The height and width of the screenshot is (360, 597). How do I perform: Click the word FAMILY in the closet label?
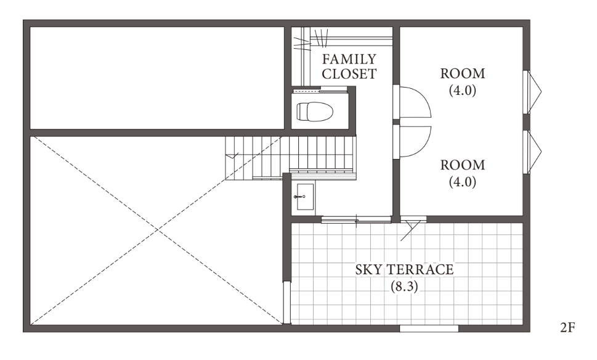point(349,59)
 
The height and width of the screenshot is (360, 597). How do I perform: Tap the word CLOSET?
point(349,73)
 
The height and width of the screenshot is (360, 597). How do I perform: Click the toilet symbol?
point(314,112)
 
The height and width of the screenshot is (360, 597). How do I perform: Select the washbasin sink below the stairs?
point(304,197)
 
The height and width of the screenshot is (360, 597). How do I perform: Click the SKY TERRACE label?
point(404,269)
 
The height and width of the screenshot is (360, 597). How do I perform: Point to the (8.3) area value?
point(404,286)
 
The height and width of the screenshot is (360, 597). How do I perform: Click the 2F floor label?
point(567,327)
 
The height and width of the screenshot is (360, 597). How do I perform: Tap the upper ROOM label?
point(463,73)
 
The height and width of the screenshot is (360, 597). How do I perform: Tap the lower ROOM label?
point(463,165)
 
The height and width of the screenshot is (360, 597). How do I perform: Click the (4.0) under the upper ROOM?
point(463,90)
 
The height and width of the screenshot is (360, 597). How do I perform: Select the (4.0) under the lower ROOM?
point(463,182)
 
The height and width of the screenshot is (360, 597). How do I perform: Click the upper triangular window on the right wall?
point(533,92)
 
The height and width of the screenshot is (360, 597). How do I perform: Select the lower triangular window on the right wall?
point(533,152)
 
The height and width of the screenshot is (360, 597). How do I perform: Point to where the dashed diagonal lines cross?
point(157,230)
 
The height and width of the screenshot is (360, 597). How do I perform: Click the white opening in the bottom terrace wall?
point(429,329)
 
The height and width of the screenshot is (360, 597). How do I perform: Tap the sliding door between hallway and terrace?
point(356,219)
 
